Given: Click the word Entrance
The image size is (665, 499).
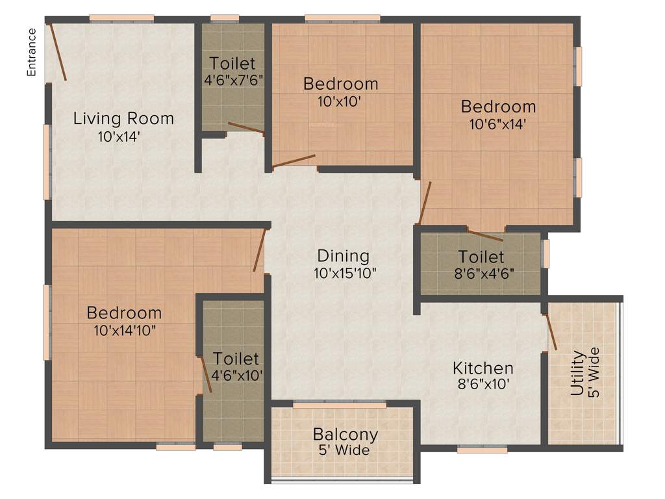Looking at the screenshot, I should [31, 52].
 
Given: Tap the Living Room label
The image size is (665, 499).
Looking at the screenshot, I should [123, 119].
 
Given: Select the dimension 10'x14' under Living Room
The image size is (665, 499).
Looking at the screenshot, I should [119, 136].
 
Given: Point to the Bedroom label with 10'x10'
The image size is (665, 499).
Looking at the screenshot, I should [341, 84].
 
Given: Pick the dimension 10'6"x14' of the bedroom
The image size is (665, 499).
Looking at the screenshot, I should [498, 124].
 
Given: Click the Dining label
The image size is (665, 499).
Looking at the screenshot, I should [343, 256].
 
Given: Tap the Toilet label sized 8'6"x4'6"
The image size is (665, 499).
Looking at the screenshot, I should [481, 256].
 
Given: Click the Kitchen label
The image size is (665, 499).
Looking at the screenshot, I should [483, 368].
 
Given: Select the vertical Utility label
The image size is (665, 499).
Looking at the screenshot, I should [577, 374].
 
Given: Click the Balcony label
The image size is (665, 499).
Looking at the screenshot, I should [345, 434].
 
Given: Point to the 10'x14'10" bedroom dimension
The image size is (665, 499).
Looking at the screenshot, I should [125, 329].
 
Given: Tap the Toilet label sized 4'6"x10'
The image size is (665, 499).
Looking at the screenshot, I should [236, 359].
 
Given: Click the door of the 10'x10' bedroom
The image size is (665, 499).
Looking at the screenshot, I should [294, 160].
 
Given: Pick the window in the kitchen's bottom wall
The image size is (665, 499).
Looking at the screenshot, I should [482, 449].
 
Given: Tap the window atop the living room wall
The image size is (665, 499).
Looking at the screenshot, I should [121, 18].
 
